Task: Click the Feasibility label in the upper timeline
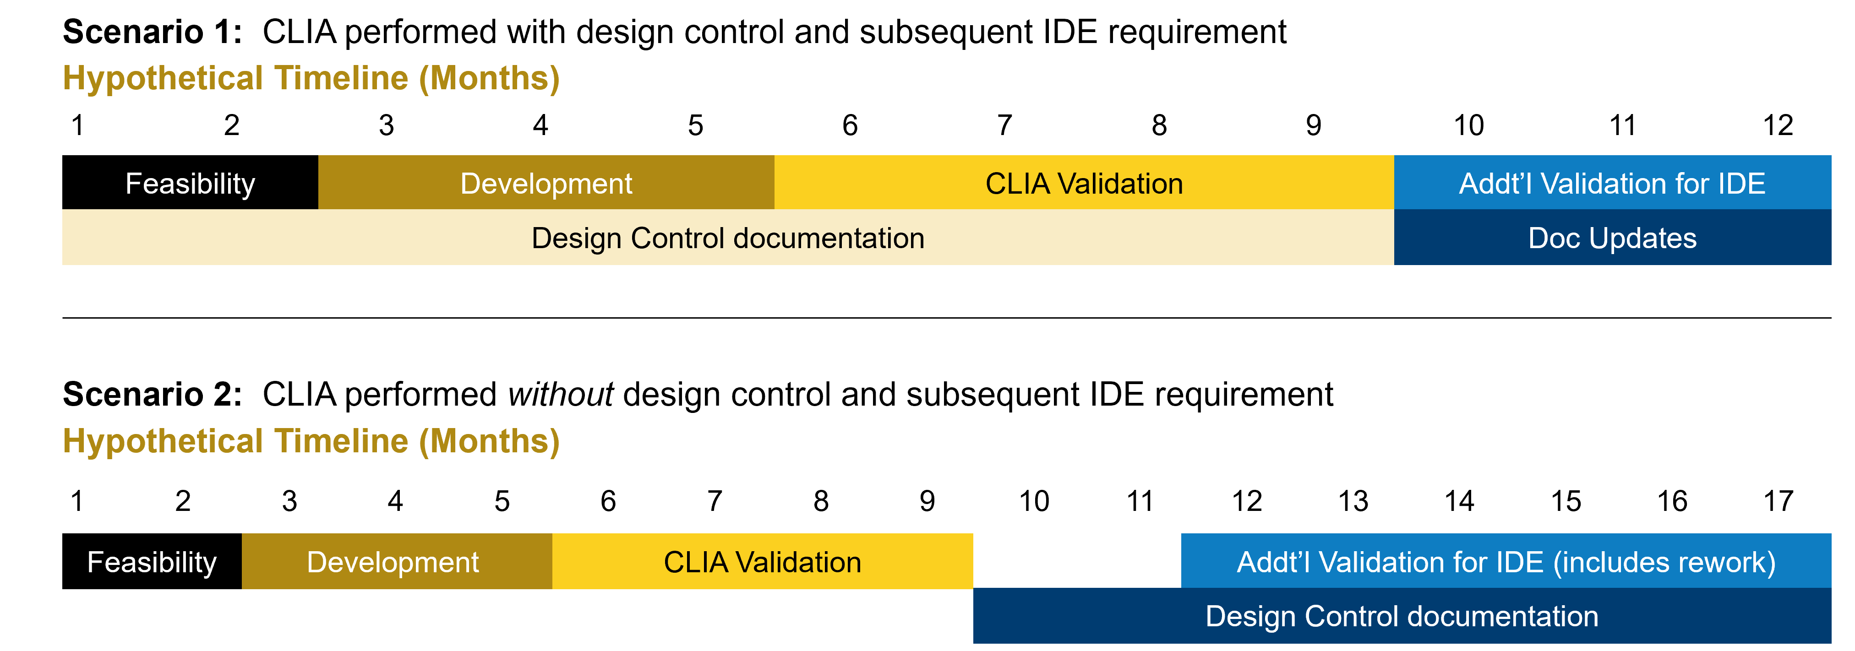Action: click(x=190, y=184)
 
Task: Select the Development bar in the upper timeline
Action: click(x=546, y=183)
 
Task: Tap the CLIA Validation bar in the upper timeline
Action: click(x=1084, y=183)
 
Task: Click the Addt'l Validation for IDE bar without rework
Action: click(x=1612, y=183)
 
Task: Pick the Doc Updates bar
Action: click(x=1612, y=238)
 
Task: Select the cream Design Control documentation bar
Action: click(x=727, y=238)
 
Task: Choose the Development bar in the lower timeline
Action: click(x=393, y=562)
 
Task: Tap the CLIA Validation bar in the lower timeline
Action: click(x=762, y=562)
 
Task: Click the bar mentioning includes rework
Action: click(x=1505, y=562)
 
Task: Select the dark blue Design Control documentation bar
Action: click(x=1402, y=616)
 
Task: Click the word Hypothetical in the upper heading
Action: click(x=163, y=78)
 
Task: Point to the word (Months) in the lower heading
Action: click(x=490, y=441)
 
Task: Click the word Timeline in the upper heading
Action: click(x=341, y=78)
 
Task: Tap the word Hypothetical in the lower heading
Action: click(x=163, y=441)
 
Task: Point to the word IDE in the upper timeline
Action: click(x=1741, y=184)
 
